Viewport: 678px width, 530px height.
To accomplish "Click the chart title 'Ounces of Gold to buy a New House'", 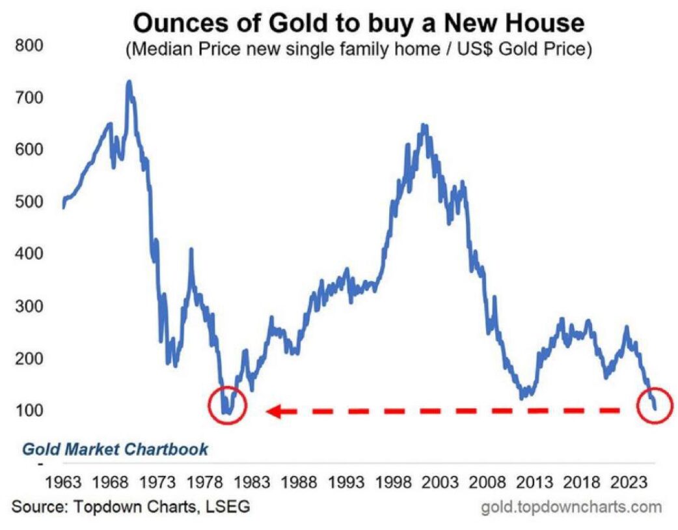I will coord(358,24).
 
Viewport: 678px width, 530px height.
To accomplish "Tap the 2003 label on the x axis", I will coord(441,483).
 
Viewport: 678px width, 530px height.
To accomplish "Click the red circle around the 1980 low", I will coord(227,405).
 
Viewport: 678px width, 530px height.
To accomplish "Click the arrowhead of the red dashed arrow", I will coord(274,411).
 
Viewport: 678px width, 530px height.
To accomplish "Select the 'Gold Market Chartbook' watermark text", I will coord(115,449).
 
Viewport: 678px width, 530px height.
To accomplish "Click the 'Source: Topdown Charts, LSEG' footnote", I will coord(130,506).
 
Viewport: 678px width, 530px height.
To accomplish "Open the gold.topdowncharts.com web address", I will coord(571,507).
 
